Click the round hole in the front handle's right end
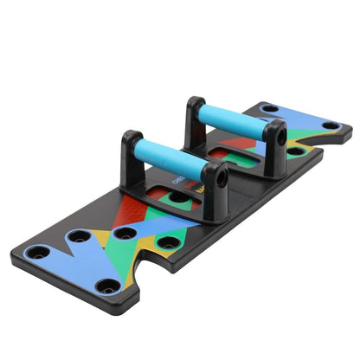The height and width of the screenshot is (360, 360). [x=222, y=178]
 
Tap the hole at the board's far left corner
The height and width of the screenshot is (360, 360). [x=37, y=254]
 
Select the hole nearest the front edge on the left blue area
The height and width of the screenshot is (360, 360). [x=107, y=285]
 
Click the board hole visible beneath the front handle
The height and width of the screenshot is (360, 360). [x=179, y=196]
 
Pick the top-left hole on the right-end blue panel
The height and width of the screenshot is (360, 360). [x=269, y=108]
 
